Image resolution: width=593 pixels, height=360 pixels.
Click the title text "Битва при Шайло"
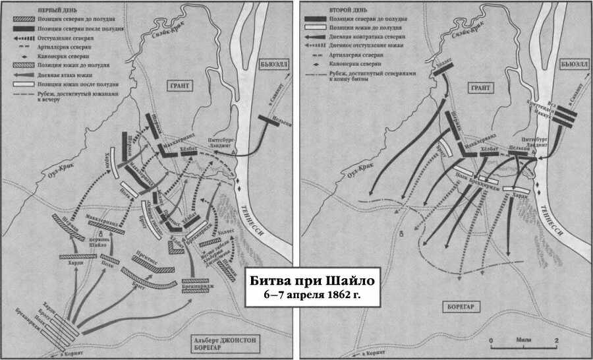305,279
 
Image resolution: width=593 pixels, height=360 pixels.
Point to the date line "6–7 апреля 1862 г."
305,294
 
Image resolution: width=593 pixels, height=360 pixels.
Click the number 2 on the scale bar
557,341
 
